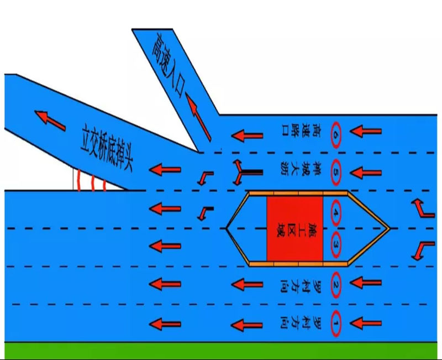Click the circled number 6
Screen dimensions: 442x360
click(335, 134)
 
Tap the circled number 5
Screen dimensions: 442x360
click(335, 172)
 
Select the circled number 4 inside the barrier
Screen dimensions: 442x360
click(335, 213)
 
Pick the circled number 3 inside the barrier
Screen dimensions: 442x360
click(335, 244)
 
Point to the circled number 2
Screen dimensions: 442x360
click(335, 285)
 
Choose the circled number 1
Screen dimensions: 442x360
click(335, 324)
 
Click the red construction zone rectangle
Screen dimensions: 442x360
click(295, 228)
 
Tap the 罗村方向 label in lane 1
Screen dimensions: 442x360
click(299, 325)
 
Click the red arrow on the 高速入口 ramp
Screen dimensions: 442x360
click(198, 117)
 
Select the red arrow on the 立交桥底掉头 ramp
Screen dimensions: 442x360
click(50, 121)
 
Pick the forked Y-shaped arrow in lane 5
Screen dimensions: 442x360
click(248, 173)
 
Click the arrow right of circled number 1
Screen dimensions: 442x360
click(365, 324)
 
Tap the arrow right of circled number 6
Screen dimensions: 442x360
click(365, 131)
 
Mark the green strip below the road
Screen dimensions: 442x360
click(221, 351)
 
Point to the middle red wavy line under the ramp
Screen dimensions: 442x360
click(93, 183)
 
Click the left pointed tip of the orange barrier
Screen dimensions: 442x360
click(226, 228)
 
